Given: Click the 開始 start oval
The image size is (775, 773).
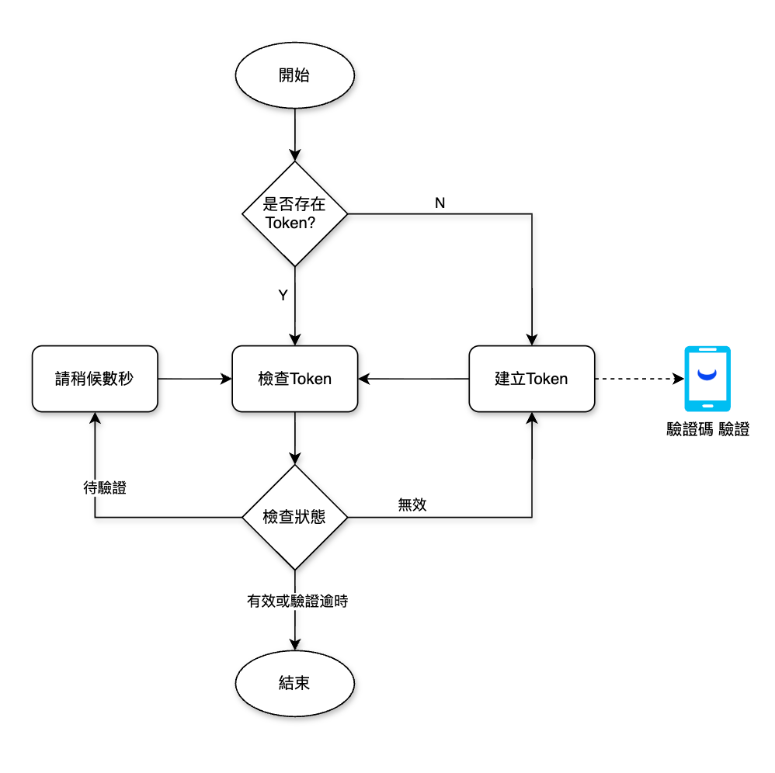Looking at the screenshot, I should point(294,75).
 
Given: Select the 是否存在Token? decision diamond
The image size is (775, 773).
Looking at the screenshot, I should point(294,213).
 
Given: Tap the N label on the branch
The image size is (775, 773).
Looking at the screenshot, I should point(440,203).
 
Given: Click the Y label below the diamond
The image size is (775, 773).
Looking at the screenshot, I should point(283,295).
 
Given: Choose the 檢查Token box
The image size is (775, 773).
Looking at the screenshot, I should point(294,379).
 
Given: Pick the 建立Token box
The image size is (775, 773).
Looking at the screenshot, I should point(531,379).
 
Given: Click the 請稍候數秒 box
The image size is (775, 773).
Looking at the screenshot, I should point(94,379).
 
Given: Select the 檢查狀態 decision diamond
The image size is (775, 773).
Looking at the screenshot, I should point(294,517).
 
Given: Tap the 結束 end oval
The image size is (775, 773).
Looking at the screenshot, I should point(294,683).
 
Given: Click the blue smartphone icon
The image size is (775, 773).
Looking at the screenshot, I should point(707,379).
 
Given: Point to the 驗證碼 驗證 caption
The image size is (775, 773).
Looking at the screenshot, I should point(707,429).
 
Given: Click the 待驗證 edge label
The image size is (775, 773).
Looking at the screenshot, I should point(105,488).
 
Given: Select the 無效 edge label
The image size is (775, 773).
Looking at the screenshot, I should point(412,504).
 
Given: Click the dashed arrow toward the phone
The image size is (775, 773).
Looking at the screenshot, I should point(637,379).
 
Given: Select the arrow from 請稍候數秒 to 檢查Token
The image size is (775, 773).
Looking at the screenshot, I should point(194,379).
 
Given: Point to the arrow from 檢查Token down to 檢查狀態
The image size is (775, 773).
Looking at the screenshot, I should point(294,438).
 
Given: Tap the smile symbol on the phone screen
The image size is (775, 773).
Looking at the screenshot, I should point(707,376).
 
